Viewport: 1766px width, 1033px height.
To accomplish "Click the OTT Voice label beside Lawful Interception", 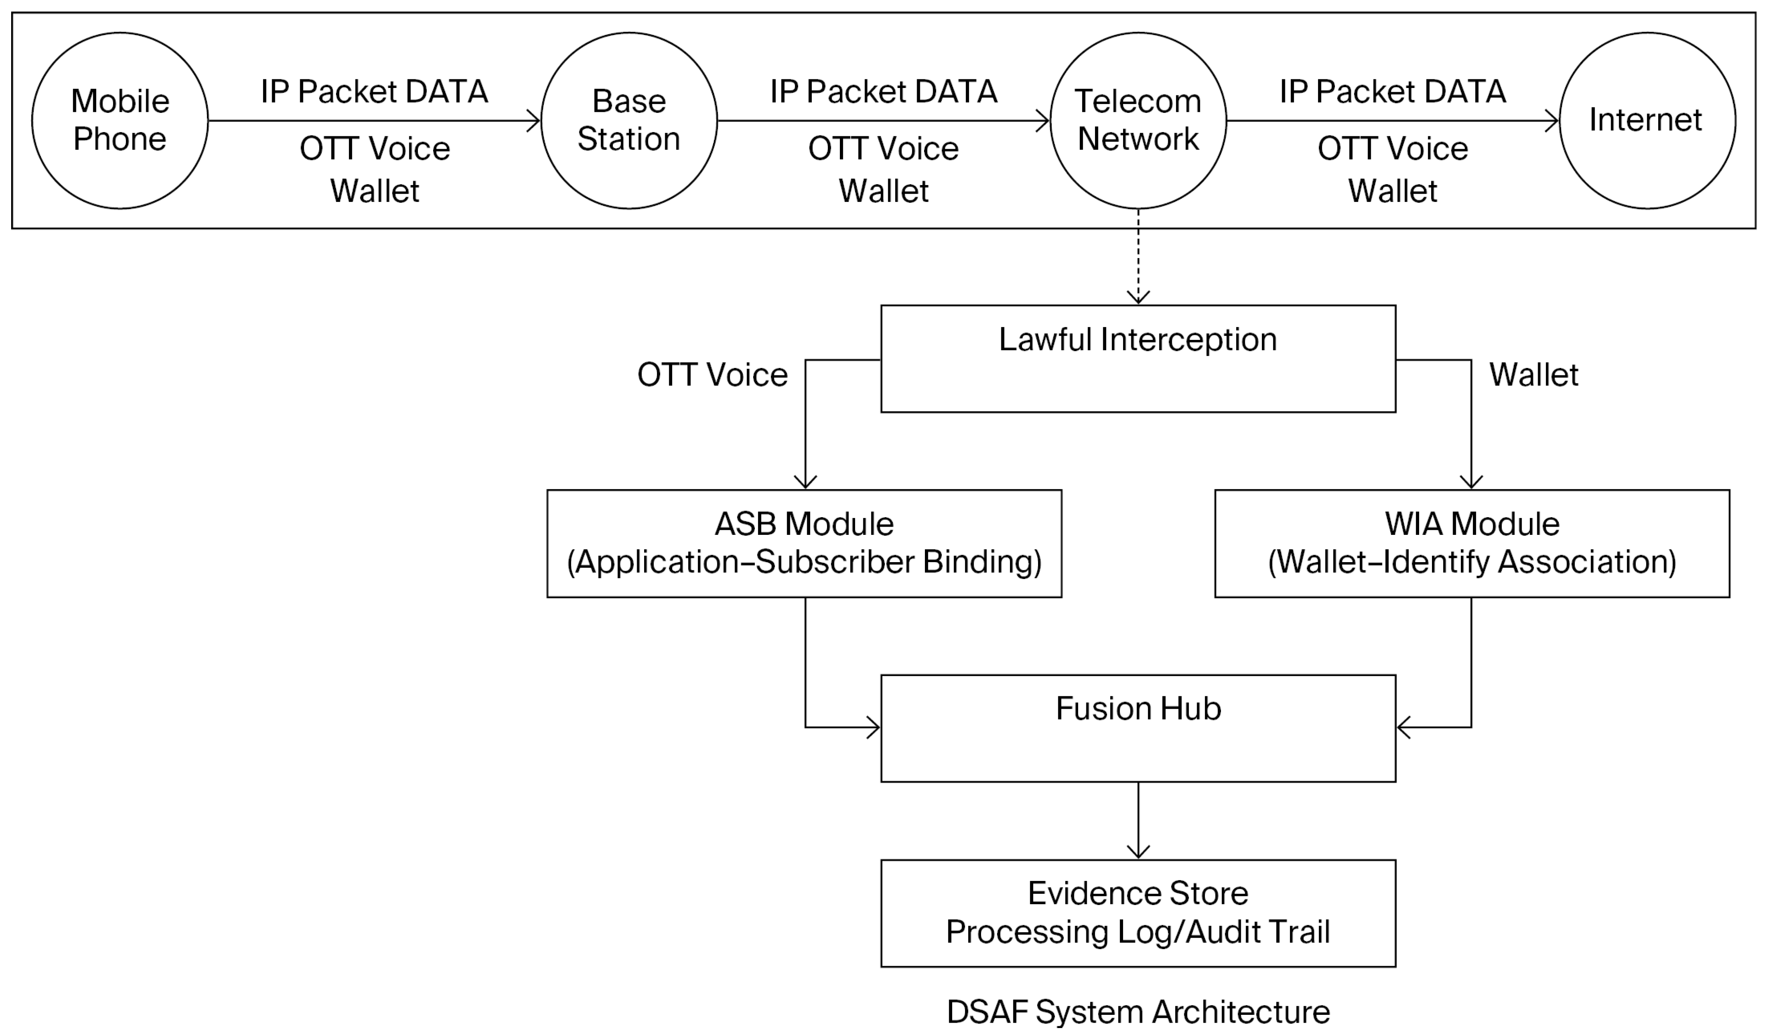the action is click(x=712, y=375).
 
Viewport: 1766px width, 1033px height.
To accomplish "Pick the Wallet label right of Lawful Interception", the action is click(x=1534, y=375).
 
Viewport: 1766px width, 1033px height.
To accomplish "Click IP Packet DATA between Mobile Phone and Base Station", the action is click(x=374, y=92).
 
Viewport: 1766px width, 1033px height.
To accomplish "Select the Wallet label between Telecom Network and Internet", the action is click(x=1392, y=191).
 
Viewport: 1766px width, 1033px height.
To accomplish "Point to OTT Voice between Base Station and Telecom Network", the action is click(x=884, y=149).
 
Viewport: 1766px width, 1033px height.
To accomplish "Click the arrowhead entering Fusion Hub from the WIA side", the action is click(x=1404, y=727).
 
